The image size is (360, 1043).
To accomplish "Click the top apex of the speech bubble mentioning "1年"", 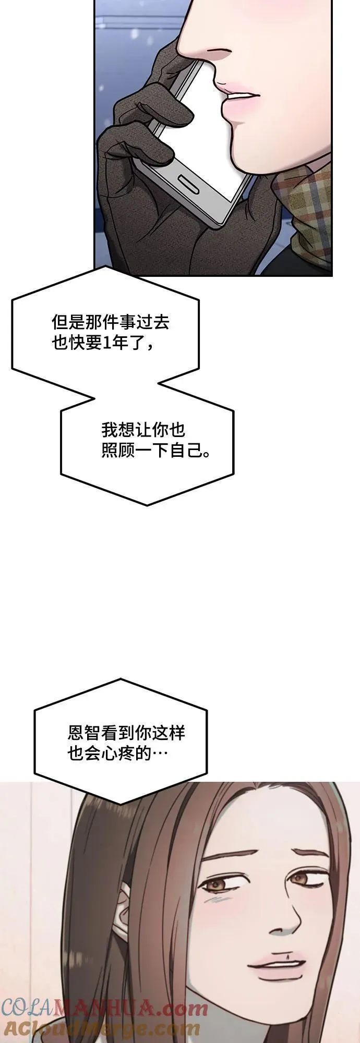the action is (x=105, y=267).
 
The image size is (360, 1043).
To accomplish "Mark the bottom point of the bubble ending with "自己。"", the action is (x=147, y=505).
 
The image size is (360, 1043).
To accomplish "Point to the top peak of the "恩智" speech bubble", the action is (x=122, y=679).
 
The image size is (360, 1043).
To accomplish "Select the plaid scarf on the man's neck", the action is (x=306, y=214).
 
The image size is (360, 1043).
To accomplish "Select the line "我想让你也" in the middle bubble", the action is (x=143, y=430).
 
